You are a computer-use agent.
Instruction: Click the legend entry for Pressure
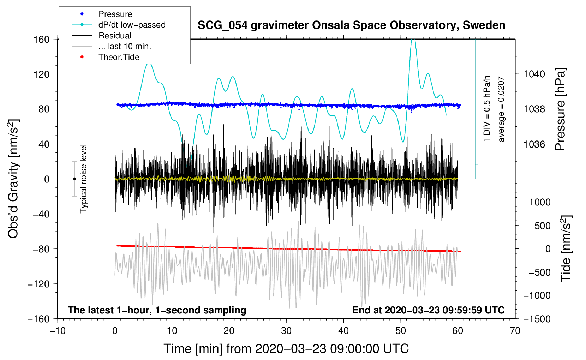coord(115,14)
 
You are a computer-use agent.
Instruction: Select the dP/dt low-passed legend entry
coord(132,25)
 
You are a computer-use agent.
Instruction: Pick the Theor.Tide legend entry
coord(119,57)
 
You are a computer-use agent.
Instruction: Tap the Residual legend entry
coord(115,36)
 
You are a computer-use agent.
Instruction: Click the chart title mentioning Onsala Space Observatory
coord(351,25)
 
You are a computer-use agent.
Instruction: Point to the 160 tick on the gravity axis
coord(42,39)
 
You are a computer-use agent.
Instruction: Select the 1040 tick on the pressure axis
coord(534,74)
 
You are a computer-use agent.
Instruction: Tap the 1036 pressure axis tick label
coord(534,144)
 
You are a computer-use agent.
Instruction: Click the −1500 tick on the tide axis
coord(537,319)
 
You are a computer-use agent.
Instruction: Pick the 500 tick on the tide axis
coord(542,226)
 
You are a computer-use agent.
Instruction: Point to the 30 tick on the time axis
coord(286,331)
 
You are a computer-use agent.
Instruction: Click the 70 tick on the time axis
coord(515,331)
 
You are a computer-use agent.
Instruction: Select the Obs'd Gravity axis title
coord(13,179)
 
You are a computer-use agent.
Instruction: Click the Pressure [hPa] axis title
coord(560,109)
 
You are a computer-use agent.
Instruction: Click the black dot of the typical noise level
coord(74,179)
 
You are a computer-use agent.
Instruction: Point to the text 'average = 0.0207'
coord(501,109)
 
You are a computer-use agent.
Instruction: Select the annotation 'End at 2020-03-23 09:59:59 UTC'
coord(428,310)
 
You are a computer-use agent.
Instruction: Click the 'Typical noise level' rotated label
coord(83,179)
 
